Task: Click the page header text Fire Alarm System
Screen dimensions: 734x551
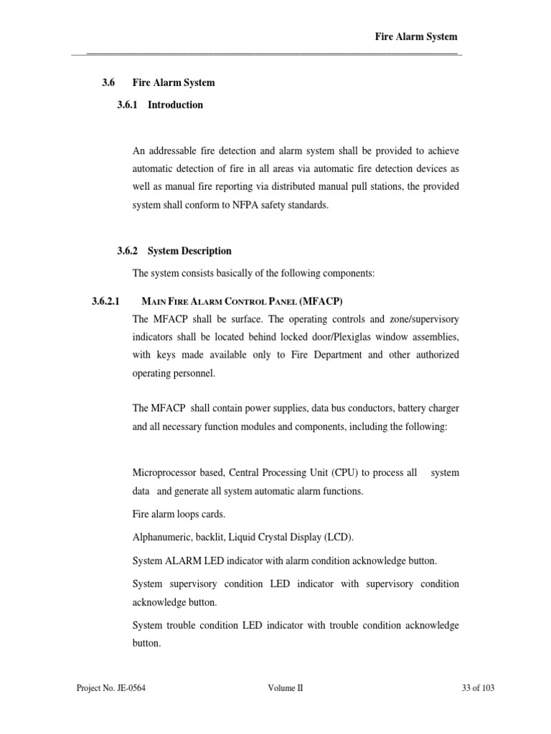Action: coord(416,37)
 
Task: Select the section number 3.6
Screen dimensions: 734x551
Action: coord(108,82)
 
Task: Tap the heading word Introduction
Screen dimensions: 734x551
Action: coord(175,105)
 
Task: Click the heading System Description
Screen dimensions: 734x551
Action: coord(189,251)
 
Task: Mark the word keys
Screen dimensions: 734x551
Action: coord(169,355)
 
